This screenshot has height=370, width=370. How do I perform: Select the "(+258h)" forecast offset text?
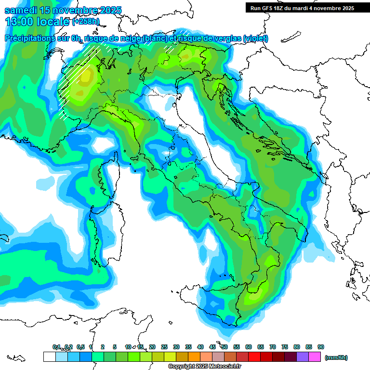[86, 22]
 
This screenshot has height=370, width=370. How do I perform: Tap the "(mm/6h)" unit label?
[336, 357]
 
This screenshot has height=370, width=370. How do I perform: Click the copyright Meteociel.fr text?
[204, 367]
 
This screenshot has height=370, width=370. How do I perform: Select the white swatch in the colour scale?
[49, 357]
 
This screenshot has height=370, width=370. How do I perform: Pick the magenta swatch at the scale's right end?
[315, 357]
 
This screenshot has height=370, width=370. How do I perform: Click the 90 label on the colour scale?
[321, 347]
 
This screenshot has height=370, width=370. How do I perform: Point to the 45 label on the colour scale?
[212, 347]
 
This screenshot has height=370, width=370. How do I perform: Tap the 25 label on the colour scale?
[164, 347]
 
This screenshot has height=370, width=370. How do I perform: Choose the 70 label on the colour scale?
[273, 347]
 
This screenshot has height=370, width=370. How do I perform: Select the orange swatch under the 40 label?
[194, 357]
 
